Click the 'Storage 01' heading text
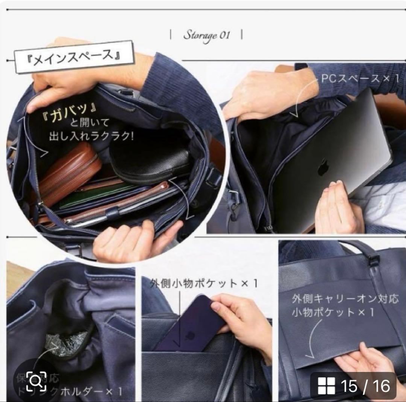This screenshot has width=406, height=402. coord(206,35)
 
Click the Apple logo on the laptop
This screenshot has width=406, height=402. coord(323,167)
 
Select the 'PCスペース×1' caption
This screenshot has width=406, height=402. coord(359,79)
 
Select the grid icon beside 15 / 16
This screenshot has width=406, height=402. coord(326,386)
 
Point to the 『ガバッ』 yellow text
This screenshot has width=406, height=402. coord(73,110)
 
